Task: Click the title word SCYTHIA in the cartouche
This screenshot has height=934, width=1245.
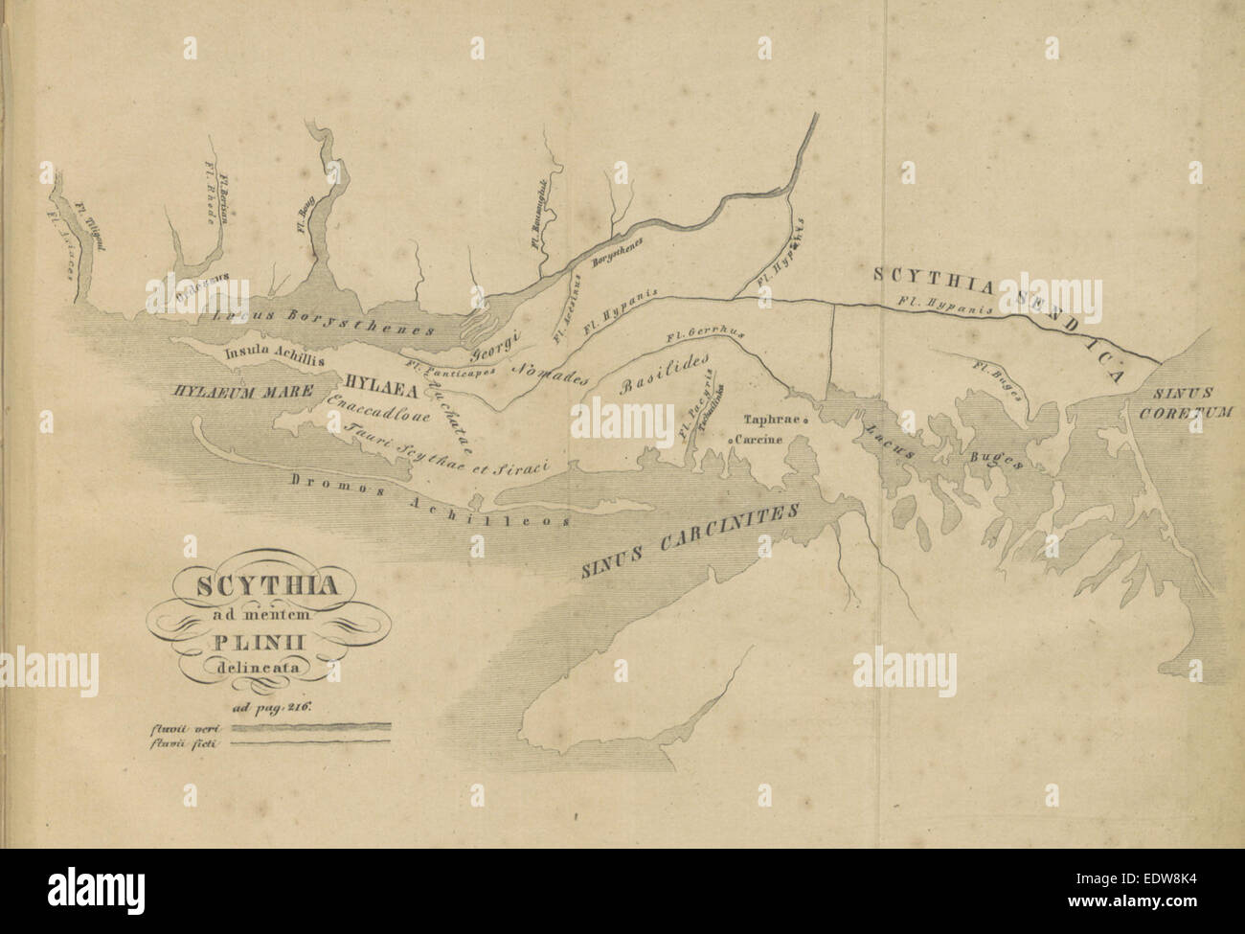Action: pos(253,585)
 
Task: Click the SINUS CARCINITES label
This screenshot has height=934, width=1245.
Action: pos(689,541)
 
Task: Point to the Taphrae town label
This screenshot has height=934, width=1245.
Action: pos(773,419)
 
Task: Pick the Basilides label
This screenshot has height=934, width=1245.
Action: pos(667,374)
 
